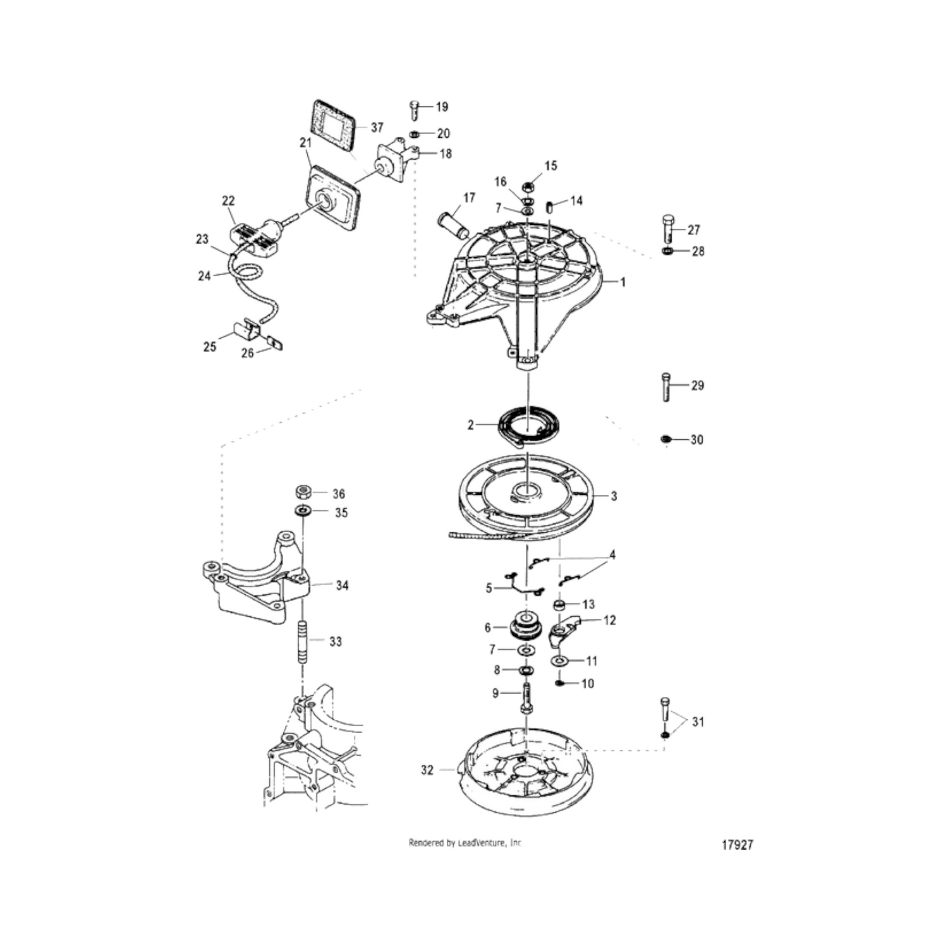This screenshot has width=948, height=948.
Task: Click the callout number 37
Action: [377, 128]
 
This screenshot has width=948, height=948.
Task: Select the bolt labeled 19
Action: [415, 110]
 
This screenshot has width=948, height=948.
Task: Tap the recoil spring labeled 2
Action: [526, 426]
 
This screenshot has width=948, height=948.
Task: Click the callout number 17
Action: [469, 198]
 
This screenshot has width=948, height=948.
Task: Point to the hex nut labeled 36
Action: [303, 492]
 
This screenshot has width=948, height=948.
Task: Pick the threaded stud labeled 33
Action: [303, 642]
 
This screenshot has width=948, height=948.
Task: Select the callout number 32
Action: [427, 770]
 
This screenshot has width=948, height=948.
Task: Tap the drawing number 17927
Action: [738, 845]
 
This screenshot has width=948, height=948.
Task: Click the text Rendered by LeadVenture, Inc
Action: [465, 842]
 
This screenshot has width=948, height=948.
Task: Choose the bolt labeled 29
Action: [666, 387]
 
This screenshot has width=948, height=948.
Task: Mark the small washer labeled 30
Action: [665, 439]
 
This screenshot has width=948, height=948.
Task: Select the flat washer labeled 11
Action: [559, 661]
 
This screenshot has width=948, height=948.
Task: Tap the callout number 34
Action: [342, 586]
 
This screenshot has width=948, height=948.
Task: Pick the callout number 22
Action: [228, 200]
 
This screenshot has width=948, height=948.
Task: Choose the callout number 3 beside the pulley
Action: [614, 496]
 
